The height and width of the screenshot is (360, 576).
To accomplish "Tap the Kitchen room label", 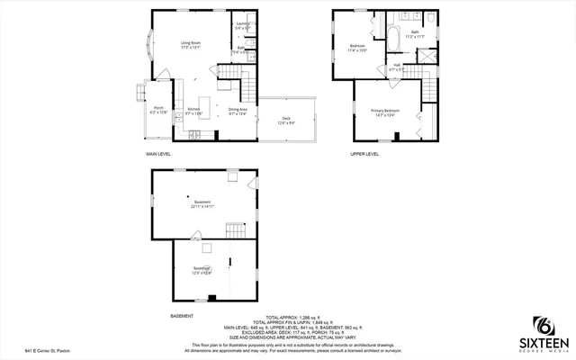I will (193, 111).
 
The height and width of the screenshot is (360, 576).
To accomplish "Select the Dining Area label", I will (237, 111).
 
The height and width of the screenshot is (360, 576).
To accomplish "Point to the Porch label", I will (158, 109).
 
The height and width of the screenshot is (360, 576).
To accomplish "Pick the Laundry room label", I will (241, 24).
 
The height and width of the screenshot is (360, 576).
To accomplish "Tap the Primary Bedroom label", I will (385, 112).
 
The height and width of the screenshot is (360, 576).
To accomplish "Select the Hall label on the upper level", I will (397, 67).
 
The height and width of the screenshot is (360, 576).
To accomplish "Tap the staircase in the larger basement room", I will (234, 229).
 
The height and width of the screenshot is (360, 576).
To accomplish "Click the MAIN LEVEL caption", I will (159, 154).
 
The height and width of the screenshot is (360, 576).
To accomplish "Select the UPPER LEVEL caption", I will (364, 154).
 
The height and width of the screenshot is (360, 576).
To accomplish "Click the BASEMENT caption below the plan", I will (183, 316).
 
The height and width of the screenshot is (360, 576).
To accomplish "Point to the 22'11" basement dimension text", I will (201, 205).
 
